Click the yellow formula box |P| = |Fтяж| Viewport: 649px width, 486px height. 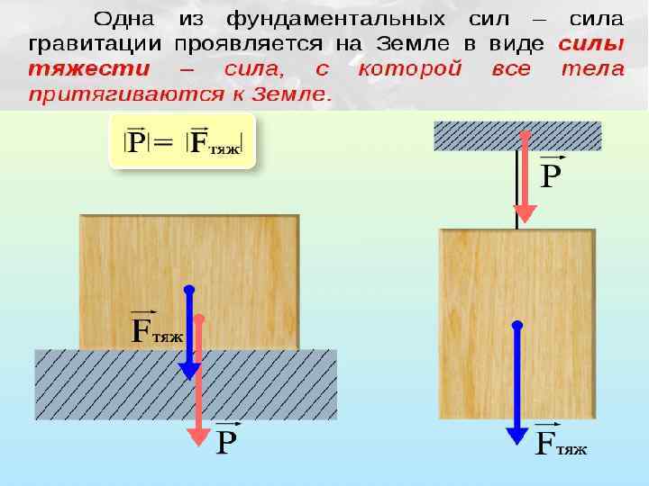pos(182,140)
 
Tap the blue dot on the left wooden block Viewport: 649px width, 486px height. pos(189,290)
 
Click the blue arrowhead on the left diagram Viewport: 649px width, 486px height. pos(189,371)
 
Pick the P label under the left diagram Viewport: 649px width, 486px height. pos(227,440)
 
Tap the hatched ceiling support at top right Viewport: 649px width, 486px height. pos(517,137)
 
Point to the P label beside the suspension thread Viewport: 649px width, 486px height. pos(551,173)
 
